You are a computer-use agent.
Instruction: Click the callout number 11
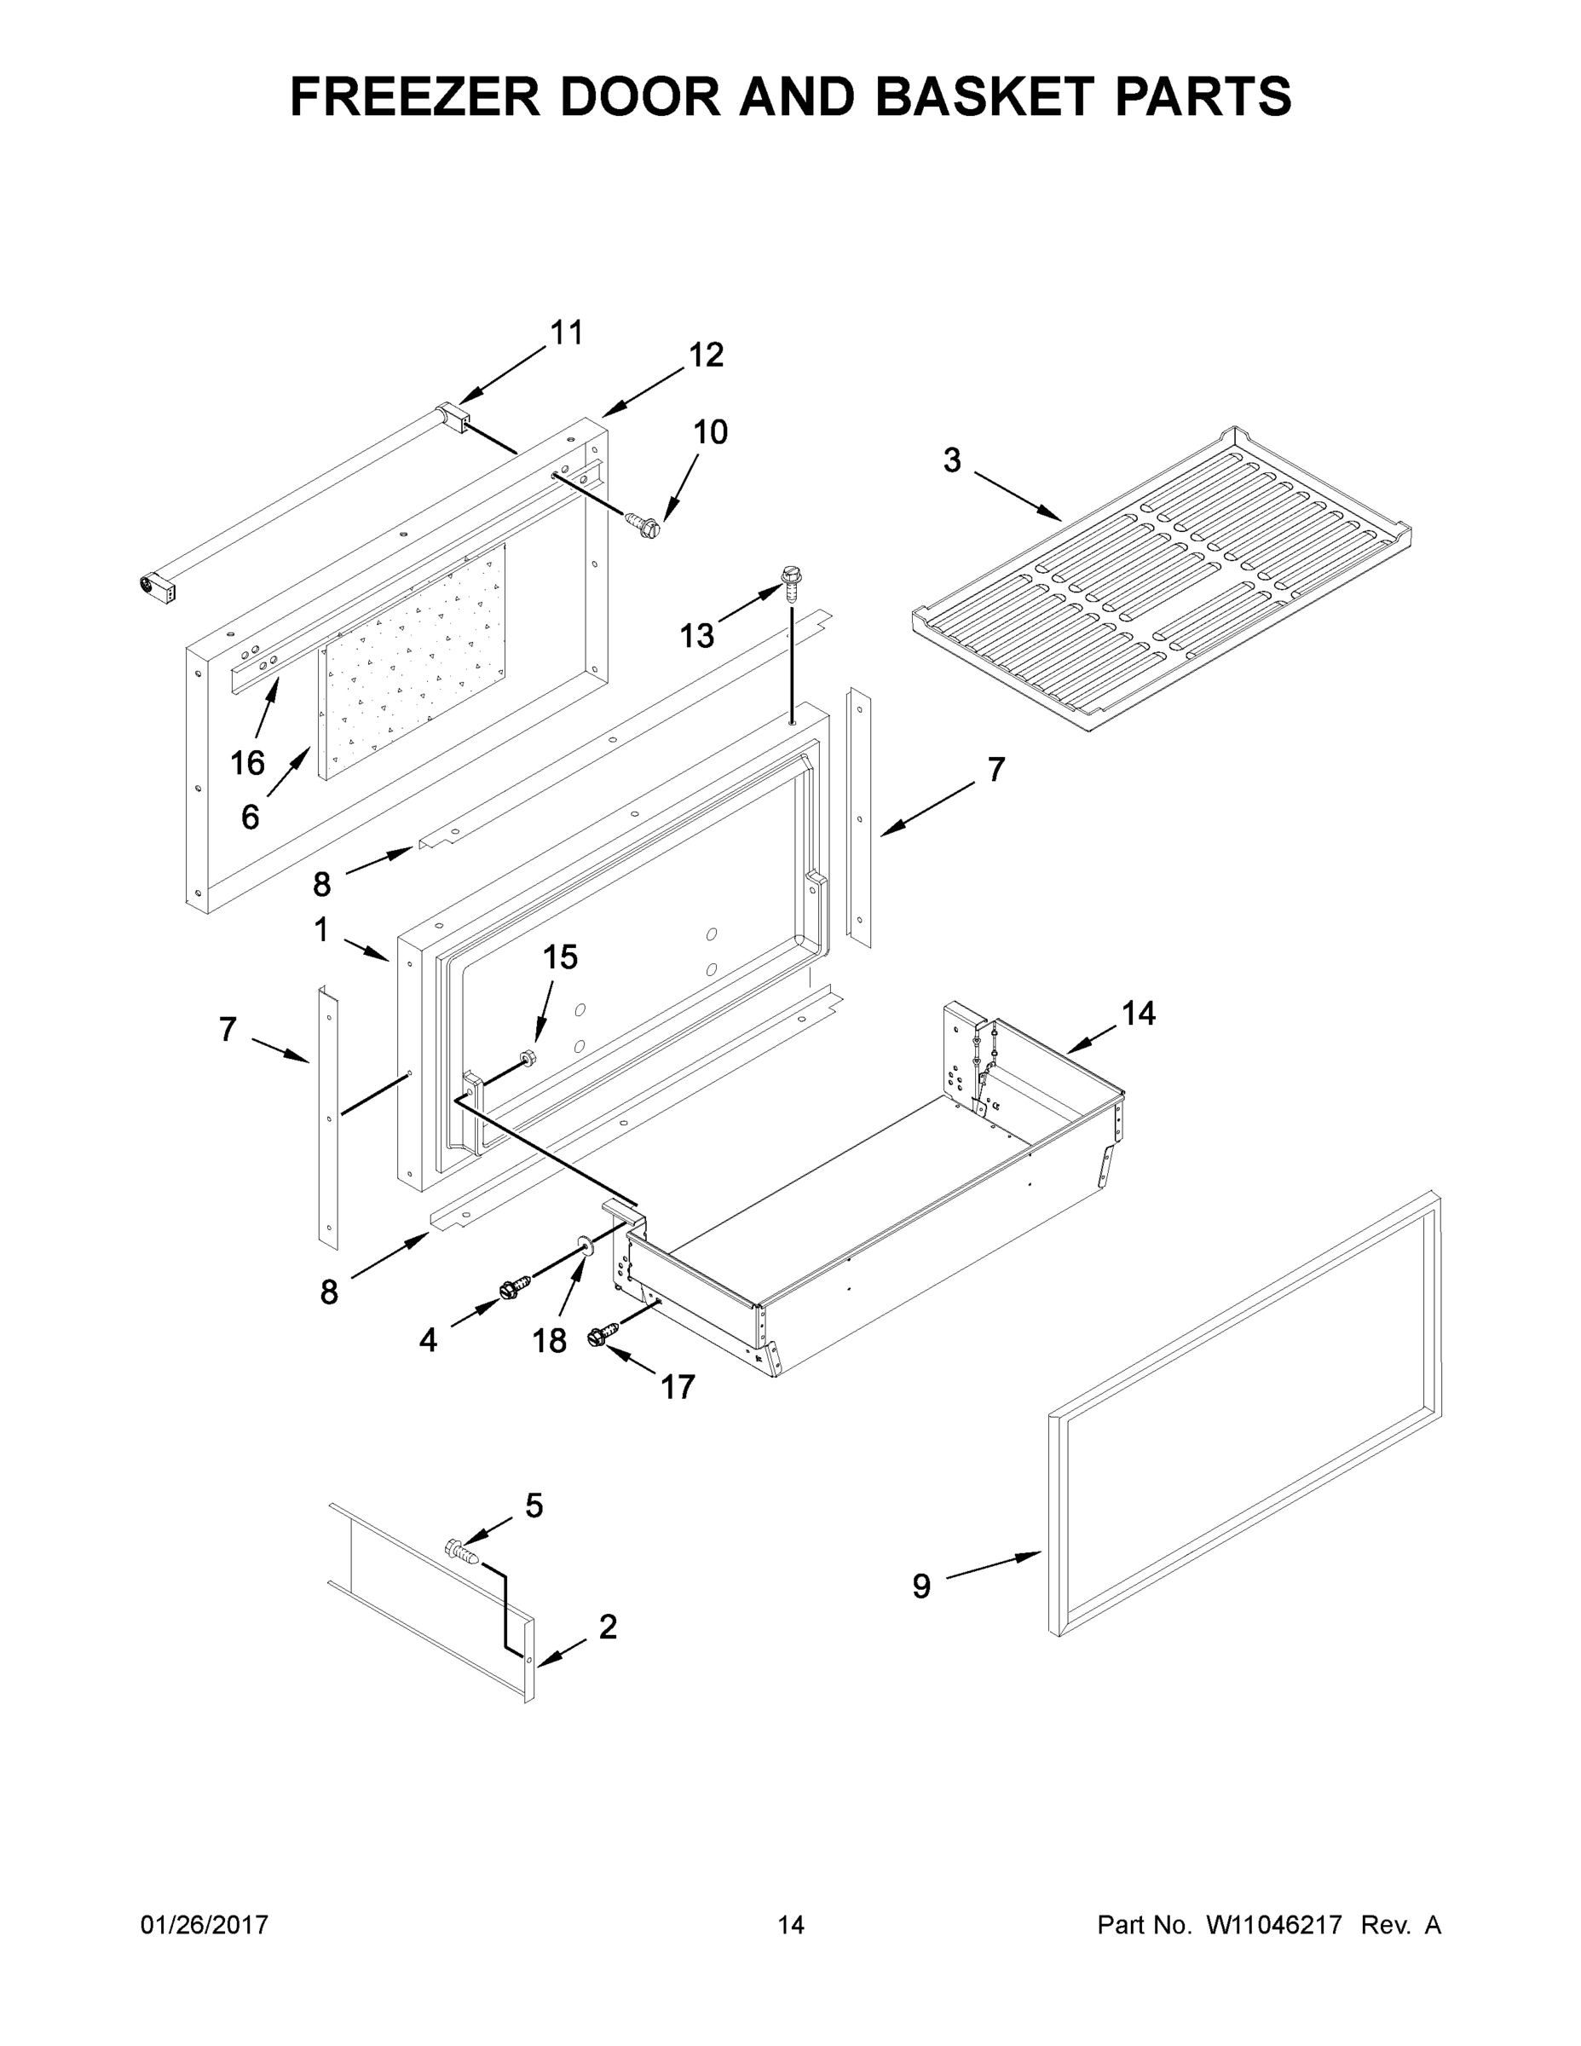tap(567, 332)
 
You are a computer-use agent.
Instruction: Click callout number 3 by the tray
tap(952, 460)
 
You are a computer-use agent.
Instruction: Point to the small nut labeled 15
tap(527, 1058)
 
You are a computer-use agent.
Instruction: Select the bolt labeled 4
tap(514, 1288)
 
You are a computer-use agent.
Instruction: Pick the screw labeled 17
tap(603, 1334)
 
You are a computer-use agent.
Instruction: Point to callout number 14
tap(1139, 1013)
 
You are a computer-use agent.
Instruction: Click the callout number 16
tap(247, 764)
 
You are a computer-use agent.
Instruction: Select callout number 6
tap(250, 818)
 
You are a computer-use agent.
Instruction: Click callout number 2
tap(608, 1627)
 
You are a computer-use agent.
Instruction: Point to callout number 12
tap(707, 355)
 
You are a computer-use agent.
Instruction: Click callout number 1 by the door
tap(321, 930)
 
